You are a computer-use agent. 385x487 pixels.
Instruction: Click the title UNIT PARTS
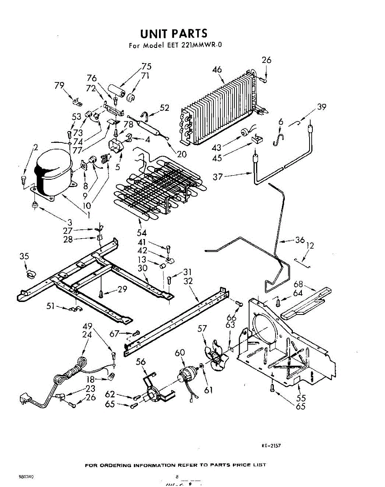click(x=173, y=33)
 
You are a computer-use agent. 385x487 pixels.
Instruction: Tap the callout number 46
click(x=217, y=69)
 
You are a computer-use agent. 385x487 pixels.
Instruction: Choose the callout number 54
click(x=142, y=233)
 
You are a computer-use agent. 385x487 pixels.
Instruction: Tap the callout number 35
click(x=24, y=256)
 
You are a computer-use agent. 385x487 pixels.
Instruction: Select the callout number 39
click(x=322, y=107)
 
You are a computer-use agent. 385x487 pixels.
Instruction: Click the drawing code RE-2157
click(x=271, y=446)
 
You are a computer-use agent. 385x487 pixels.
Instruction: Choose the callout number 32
click(x=188, y=281)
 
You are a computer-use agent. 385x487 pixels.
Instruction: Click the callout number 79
click(x=60, y=85)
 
